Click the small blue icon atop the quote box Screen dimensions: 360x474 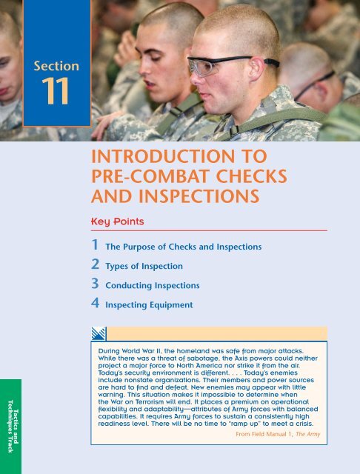[x=99, y=333]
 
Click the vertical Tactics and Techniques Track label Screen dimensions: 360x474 [x=10, y=421]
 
